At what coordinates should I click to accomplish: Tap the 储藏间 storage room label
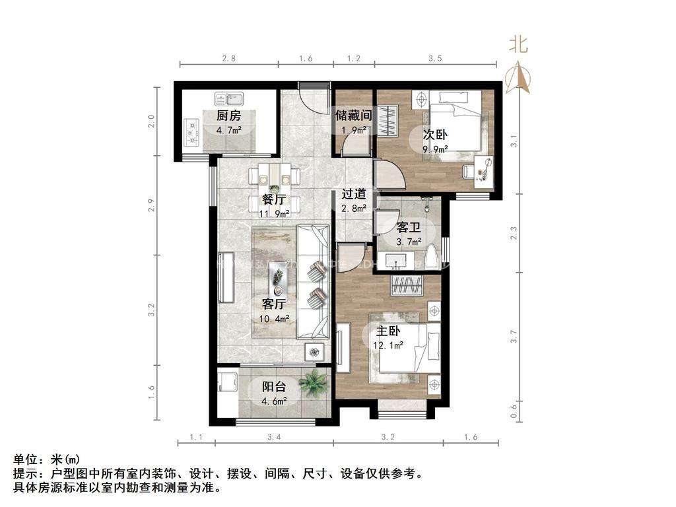[353, 115]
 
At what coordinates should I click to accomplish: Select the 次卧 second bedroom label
[435, 134]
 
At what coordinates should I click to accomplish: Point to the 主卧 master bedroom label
[388, 331]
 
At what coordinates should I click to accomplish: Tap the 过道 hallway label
[354, 195]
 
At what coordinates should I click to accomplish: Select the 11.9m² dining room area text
[274, 213]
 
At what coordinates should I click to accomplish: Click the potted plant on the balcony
[313, 383]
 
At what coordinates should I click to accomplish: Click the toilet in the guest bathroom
[432, 257]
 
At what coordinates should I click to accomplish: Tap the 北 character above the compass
[518, 45]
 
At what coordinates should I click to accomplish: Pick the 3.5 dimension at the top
[434, 59]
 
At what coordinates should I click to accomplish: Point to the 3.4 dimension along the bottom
[273, 436]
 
